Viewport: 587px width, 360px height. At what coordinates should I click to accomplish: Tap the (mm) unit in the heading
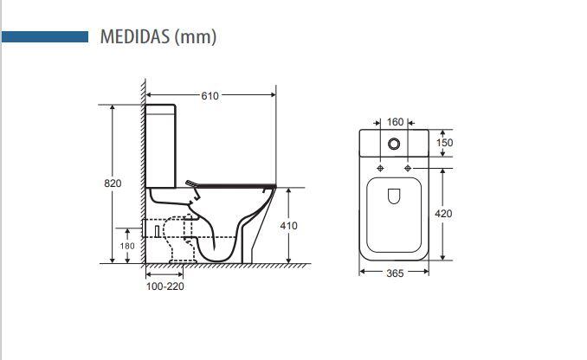tap(195, 36)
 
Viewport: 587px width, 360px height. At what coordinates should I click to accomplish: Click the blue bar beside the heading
tap(45, 37)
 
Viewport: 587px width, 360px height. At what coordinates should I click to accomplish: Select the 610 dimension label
tap(210, 96)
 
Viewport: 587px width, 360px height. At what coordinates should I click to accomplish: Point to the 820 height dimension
tap(113, 183)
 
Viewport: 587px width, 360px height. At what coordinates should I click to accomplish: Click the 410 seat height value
tap(288, 226)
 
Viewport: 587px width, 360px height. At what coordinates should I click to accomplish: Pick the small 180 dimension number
tap(126, 246)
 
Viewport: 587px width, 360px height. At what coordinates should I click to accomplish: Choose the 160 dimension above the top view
tap(395, 122)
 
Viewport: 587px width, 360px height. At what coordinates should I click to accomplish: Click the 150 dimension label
tap(444, 143)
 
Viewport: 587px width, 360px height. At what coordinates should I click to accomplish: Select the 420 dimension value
tap(443, 213)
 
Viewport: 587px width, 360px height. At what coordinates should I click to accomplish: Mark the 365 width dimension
tap(395, 274)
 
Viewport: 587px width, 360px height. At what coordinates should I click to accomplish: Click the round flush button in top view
tap(395, 143)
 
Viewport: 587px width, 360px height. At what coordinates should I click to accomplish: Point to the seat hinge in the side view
tap(192, 183)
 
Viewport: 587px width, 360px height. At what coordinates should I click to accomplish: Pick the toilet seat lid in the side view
tap(234, 183)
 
